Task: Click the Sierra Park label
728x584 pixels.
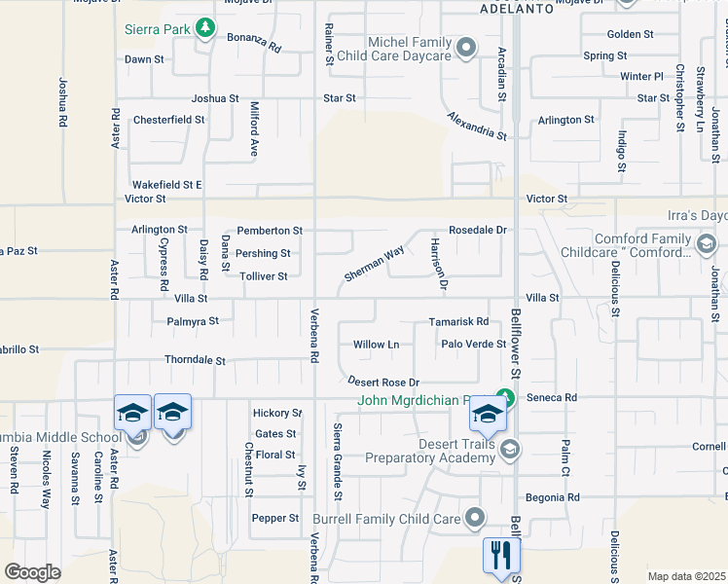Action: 156,29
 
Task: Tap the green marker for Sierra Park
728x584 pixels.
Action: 204,28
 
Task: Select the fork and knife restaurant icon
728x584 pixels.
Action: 502,556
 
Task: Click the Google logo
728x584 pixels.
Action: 32,572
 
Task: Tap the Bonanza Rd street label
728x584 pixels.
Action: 254,46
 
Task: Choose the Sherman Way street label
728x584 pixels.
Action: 374,265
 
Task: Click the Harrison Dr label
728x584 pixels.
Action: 437,265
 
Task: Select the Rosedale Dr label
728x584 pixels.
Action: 478,230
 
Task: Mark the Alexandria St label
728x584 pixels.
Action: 478,127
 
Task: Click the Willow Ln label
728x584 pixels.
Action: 376,345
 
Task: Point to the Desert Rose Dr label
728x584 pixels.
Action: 383,382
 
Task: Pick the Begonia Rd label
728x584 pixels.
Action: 552,497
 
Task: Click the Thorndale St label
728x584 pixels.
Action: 195,360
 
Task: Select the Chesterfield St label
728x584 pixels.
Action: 168,120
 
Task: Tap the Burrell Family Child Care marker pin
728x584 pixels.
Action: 474,517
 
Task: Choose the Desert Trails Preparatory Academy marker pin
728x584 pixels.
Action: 511,449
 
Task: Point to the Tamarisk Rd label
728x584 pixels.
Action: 458,322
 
